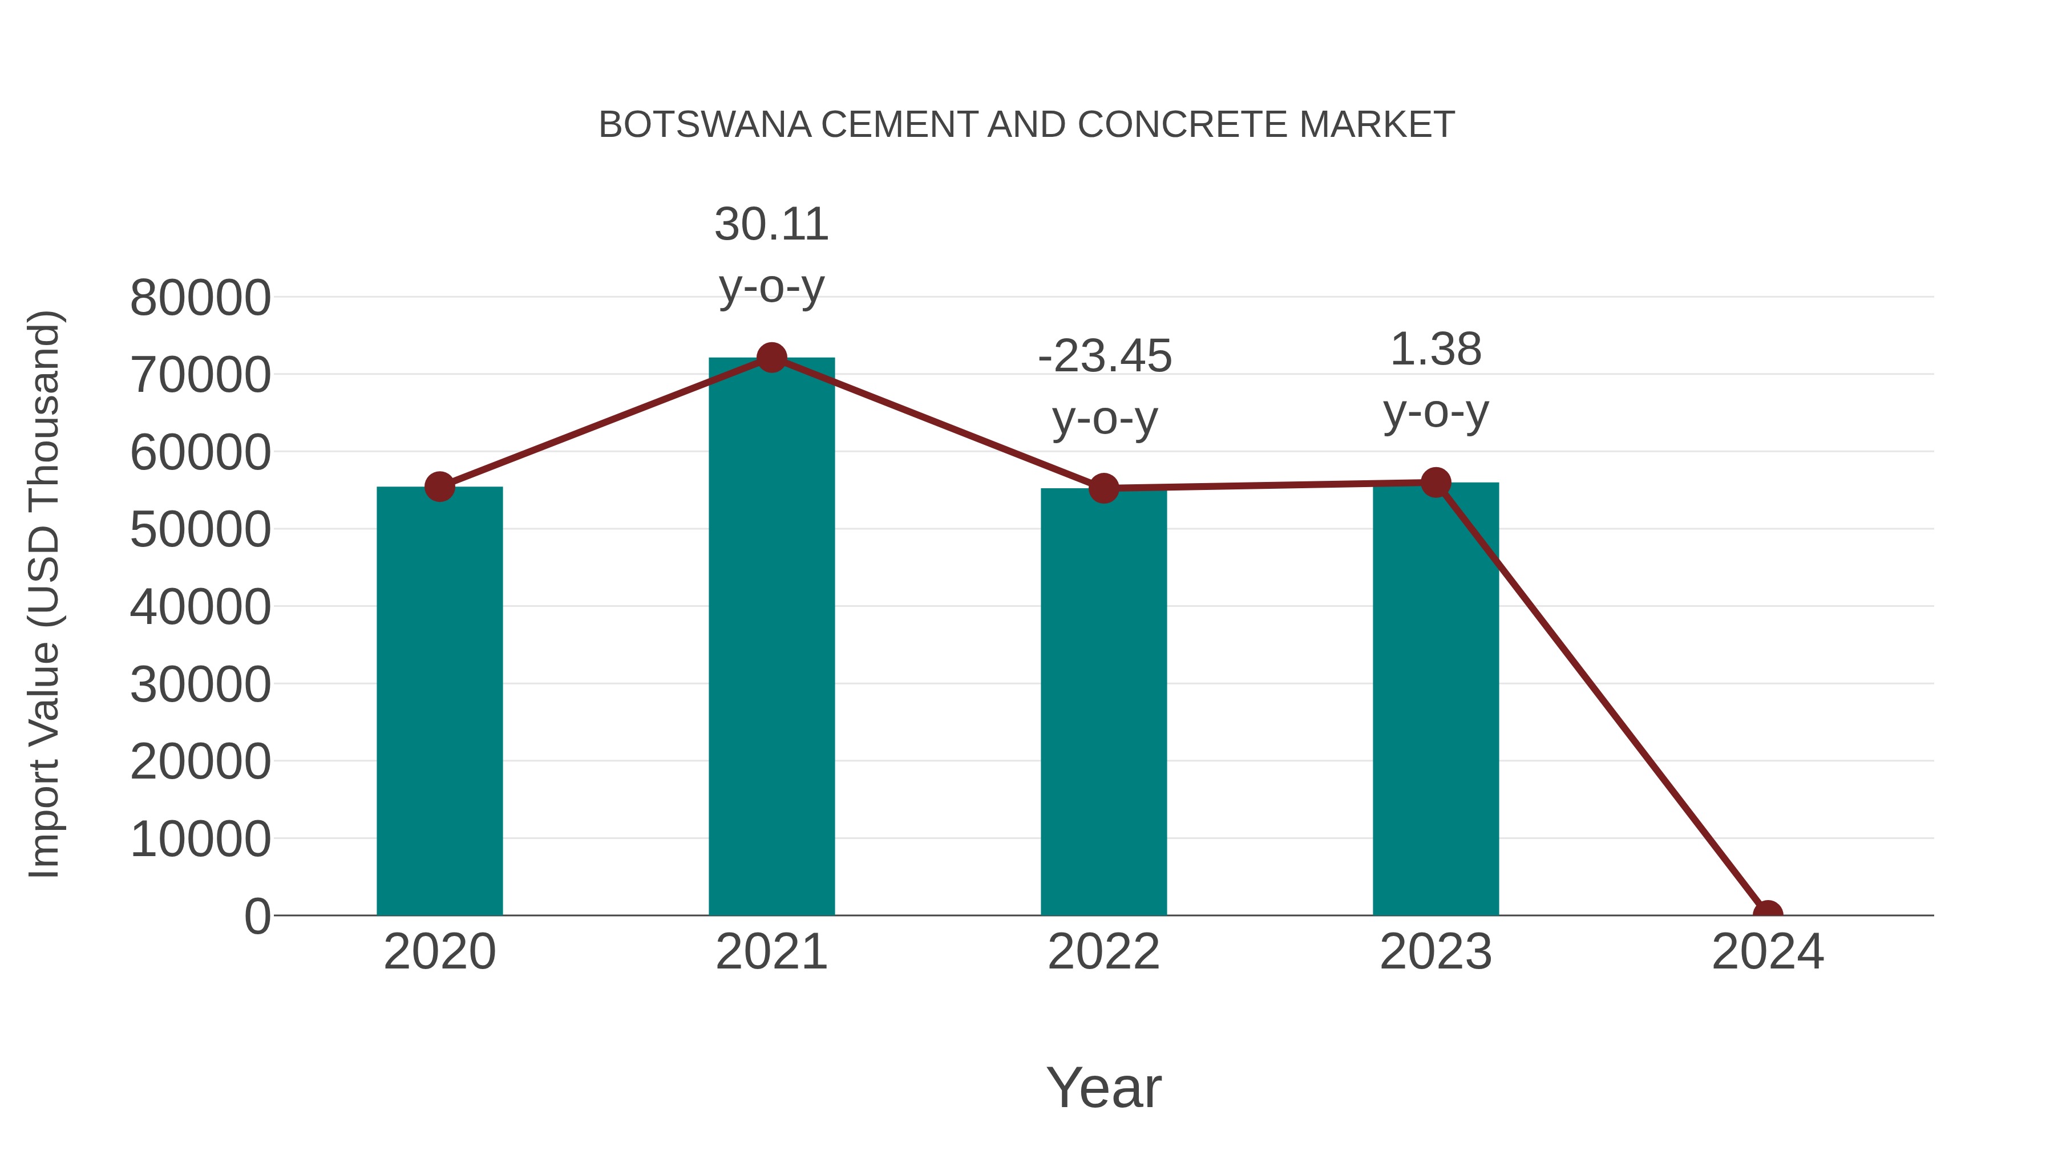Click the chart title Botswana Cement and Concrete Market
click(x=1026, y=125)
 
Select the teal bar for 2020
click(x=439, y=702)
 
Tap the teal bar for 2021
click(x=771, y=638)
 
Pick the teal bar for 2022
click(x=1103, y=702)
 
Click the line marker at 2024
click(x=1767, y=914)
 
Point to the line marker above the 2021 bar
click(x=771, y=358)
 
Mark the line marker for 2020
click(x=439, y=486)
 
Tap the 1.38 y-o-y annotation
click(x=1436, y=380)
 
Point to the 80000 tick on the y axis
click(x=200, y=298)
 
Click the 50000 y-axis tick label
click(x=200, y=530)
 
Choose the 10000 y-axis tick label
click(x=200, y=840)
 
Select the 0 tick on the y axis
click(x=257, y=917)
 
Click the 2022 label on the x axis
click(x=1103, y=952)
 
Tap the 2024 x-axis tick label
click(x=1767, y=952)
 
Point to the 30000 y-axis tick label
click(x=200, y=684)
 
